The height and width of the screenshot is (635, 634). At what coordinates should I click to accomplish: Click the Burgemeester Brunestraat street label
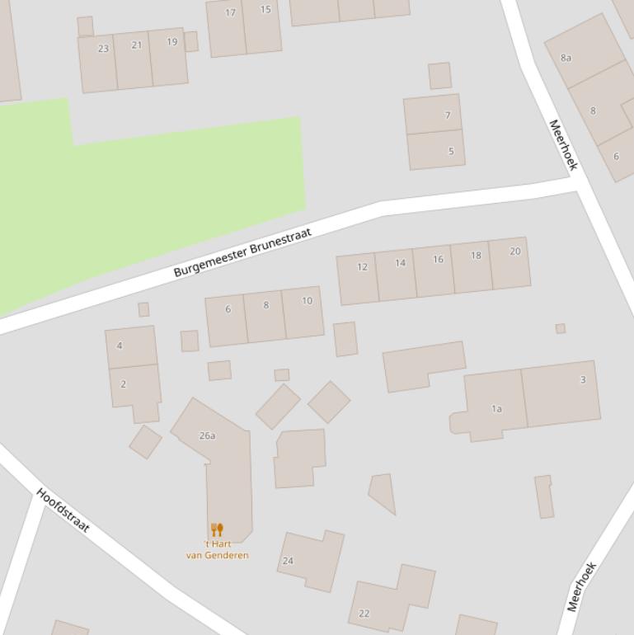[x=243, y=253]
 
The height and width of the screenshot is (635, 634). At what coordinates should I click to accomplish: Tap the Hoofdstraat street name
[x=63, y=510]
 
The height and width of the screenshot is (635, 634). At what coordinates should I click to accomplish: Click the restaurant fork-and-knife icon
[x=217, y=529]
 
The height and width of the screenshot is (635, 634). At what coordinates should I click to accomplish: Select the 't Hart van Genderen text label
[x=217, y=549]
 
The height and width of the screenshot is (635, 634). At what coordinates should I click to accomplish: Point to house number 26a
[x=207, y=435]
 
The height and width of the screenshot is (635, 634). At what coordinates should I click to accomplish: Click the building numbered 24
[x=288, y=561]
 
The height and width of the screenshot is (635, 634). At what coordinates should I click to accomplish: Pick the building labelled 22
[x=364, y=614]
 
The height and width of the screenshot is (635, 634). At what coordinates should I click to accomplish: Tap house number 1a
[x=496, y=408]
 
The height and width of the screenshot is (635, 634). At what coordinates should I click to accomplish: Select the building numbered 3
[x=583, y=379]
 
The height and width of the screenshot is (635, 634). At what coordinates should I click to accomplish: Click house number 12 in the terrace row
[x=362, y=266]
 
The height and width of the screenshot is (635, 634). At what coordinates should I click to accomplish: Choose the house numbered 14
[x=400, y=263]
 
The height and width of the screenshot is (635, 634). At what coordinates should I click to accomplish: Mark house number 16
[x=438, y=259]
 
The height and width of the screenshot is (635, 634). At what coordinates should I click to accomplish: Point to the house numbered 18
[x=476, y=256]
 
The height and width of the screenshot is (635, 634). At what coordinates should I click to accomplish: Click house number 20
[x=515, y=252]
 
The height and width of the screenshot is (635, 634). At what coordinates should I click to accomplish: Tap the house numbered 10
[x=307, y=301]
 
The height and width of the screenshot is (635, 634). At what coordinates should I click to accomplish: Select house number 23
[x=103, y=49]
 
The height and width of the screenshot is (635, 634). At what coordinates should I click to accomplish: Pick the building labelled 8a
[x=566, y=58]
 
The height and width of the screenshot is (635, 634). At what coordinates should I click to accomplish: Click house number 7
[x=448, y=115]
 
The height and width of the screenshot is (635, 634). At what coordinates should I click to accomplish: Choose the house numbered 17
[x=230, y=12]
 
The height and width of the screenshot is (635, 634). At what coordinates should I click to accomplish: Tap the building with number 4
[x=120, y=346]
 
